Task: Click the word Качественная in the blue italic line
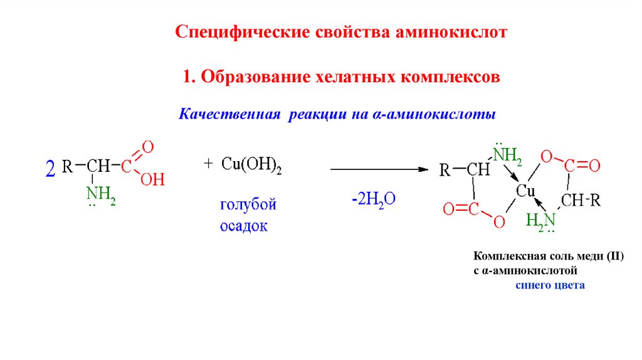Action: pos(230,115)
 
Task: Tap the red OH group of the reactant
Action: pos(152,181)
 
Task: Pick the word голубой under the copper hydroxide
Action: pos(248,205)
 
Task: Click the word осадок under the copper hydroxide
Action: pos(243,226)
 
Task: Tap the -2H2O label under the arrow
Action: pos(374,199)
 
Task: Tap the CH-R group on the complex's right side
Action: pos(581,200)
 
